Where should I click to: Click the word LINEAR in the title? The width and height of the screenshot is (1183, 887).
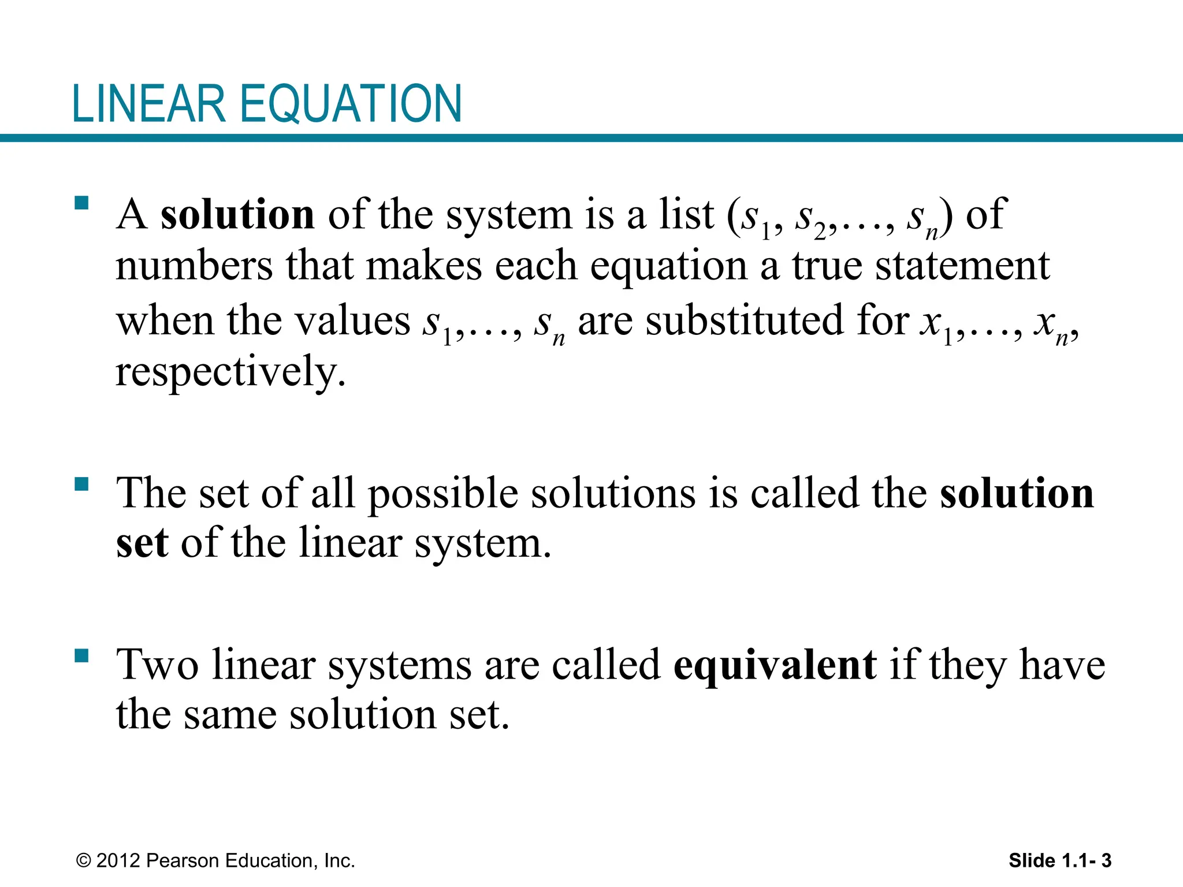point(148,104)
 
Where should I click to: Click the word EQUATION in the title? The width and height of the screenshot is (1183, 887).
point(351,105)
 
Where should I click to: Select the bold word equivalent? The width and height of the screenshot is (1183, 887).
point(775,665)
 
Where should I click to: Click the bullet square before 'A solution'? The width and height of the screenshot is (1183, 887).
point(81,203)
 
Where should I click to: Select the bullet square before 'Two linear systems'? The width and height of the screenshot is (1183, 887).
point(81,655)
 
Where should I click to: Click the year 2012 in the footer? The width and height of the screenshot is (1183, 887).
point(118,860)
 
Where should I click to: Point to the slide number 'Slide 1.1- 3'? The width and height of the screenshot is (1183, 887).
point(1060,860)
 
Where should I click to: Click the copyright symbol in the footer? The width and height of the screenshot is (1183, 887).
point(84,861)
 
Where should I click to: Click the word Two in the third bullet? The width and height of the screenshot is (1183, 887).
point(158,665)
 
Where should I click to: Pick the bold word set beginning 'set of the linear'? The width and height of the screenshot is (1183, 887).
point(142,543)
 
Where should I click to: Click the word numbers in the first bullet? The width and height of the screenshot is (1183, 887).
point(194,266)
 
